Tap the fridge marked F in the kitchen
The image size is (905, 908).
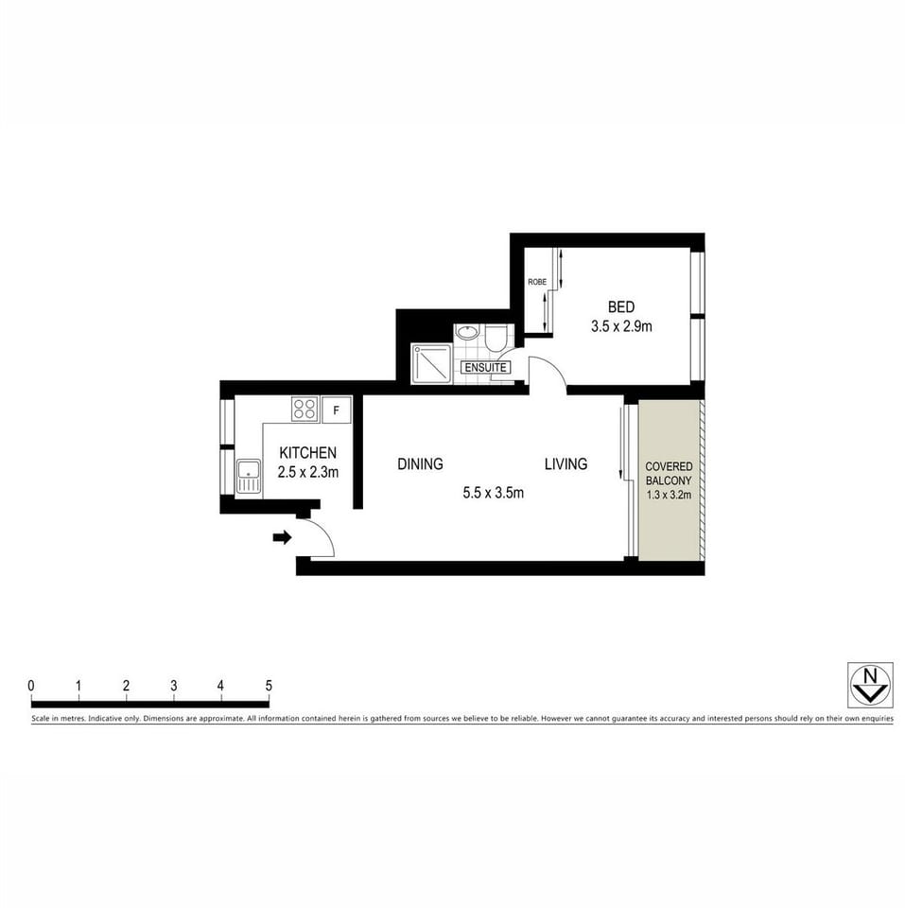[x=336, y=410]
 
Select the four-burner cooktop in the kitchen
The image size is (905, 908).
[x=305, y=409]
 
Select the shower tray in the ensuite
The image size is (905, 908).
[x=431, y=363]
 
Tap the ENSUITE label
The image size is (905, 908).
[x=486, y=367]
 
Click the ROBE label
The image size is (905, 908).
[x=537, y=282]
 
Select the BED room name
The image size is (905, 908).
[x=620, y=306]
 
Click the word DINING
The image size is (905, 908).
[x=420, y=463]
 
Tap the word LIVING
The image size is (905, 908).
[x=566, y=463]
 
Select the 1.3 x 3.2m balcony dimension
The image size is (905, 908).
[x=669, y=494]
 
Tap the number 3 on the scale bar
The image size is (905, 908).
[x=174, y=686]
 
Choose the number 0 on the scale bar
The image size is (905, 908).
[x=31, y=686]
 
